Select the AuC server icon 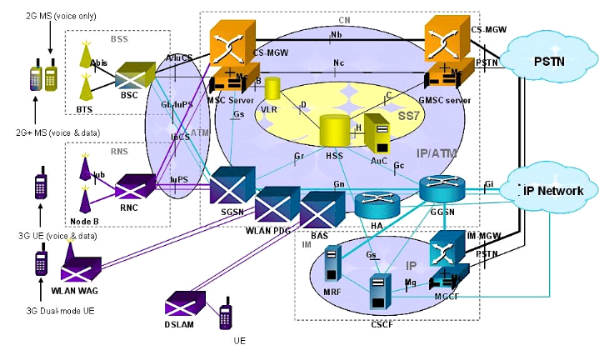378,135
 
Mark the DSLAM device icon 184,302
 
